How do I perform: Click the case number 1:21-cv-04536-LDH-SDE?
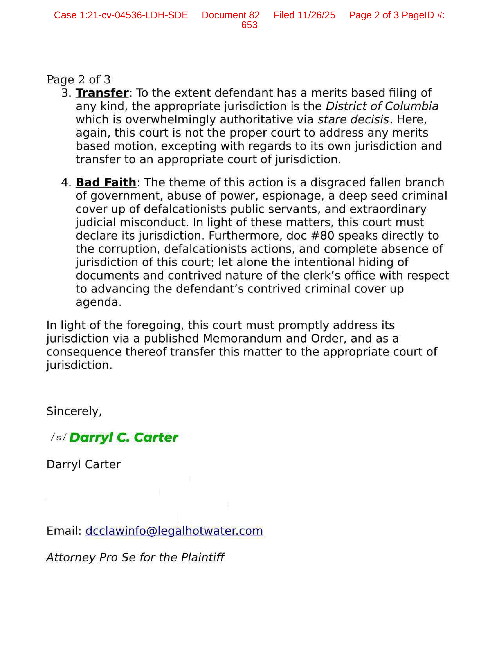[x=134, y=15]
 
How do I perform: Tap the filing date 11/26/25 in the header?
[x=316, y=15]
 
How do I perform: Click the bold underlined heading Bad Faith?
[x=106, y=182]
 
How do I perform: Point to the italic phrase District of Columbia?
[x=382, y=106]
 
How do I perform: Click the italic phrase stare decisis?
[x=353, y=120]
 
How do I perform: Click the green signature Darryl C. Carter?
[x=124, y=437]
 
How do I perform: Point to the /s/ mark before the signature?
[x=59, y=437]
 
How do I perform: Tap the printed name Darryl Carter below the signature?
[x=83, y=464]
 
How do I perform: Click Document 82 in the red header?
[x=231, y=15]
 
